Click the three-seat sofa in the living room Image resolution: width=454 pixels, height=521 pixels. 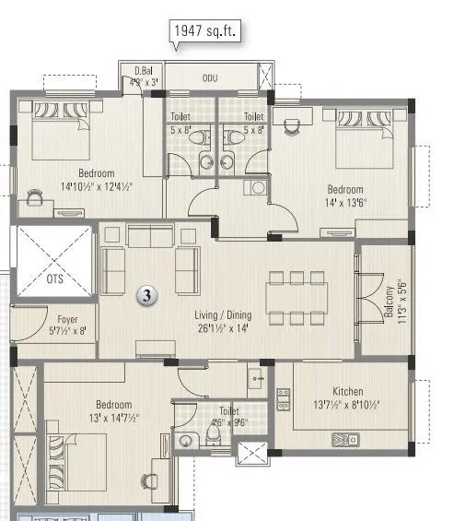coord(152,238)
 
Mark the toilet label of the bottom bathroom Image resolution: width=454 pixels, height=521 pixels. coord(221,413)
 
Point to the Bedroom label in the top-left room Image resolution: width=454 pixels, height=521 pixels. coord(96,173)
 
